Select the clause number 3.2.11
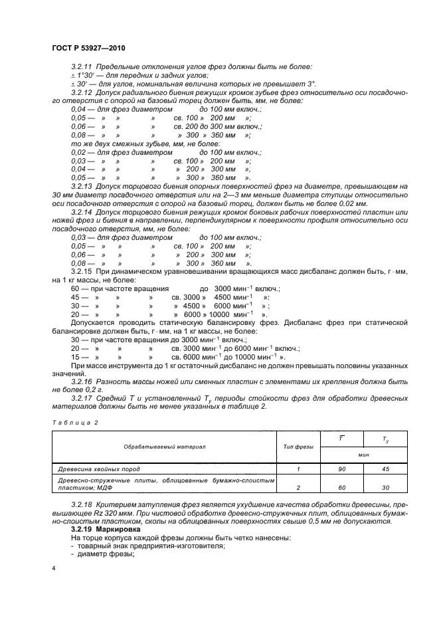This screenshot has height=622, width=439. [83, 68]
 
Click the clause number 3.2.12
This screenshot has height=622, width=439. [83, 92]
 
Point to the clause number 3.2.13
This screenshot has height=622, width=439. [83, 187]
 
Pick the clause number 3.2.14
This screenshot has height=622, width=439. [83, 212]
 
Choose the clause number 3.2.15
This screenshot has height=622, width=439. [83, 272]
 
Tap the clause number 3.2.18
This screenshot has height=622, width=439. [83, 506]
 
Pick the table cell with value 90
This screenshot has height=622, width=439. [341, 468]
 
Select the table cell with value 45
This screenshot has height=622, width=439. [385, 468]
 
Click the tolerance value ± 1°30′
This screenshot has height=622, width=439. [83, 76]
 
